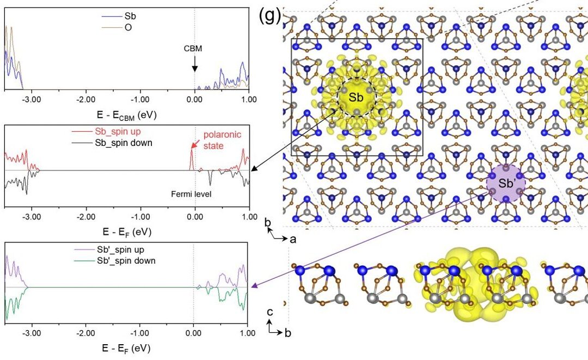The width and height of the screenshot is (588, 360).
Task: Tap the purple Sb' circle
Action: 507,184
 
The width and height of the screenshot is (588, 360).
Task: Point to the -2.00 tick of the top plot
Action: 86,100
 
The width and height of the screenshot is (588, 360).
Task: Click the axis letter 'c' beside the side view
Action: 269,312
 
